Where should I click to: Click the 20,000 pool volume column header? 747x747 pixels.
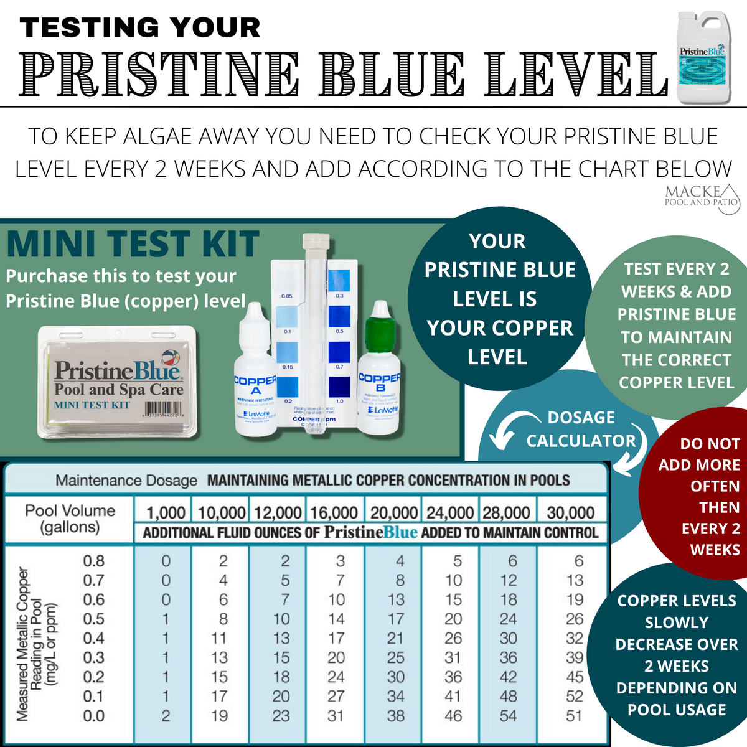(x=393, y=513)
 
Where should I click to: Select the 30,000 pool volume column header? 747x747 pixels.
(x=570, y=513)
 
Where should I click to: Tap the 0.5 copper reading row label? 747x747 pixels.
(x=94, y=619)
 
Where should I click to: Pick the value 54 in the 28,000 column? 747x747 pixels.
(x=508, y=716)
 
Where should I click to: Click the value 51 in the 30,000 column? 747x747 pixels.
(x=574, y=716)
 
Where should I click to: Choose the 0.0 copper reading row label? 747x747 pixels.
(x=94, y=716)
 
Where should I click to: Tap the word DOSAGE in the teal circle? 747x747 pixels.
(x=581, y=418)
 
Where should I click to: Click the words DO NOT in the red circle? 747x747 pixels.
(x=710, y=444)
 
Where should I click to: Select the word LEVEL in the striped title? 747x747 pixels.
(x=580, y=75)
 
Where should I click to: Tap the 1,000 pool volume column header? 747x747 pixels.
(x=166, y=513)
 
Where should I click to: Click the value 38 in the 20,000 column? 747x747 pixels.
(x=396, y=716)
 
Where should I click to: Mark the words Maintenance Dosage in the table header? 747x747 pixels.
(x=126, y=481)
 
